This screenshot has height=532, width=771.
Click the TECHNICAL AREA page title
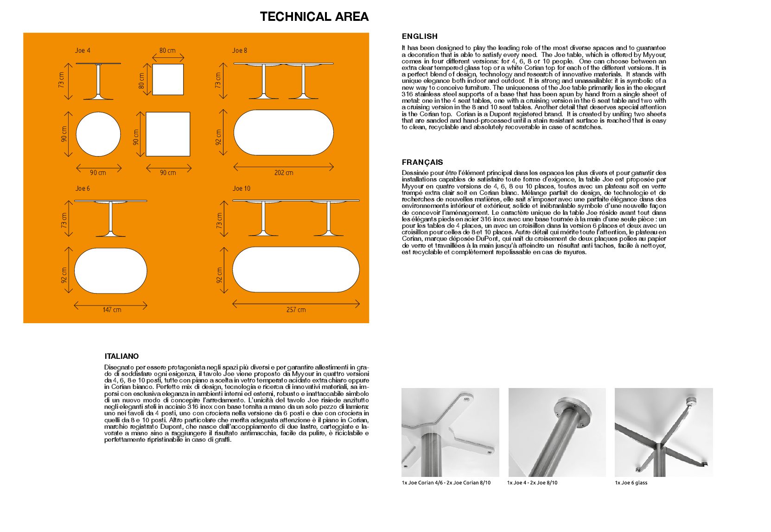314,17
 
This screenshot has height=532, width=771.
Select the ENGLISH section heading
420,36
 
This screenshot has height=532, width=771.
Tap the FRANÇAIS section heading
422,162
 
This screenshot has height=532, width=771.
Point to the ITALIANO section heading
121,356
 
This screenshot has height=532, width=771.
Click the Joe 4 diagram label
83,50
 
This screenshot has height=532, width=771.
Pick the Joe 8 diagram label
240,50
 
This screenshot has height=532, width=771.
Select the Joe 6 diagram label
83,188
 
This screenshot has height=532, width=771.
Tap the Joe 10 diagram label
242,188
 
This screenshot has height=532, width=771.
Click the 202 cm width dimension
284,173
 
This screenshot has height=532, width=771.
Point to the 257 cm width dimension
296,310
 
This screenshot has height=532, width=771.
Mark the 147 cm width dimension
112,310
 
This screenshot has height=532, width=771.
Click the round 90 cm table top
98,134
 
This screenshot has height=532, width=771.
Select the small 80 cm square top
168,80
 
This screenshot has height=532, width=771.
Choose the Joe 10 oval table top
296,269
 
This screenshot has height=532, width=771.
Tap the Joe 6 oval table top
110,271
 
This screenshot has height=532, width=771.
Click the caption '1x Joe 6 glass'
631,482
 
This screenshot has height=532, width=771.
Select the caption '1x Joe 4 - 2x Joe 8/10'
532,482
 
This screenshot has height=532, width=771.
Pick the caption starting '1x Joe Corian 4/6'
446,482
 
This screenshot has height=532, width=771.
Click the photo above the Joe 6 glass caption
663,432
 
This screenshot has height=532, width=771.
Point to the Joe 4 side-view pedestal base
98,96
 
